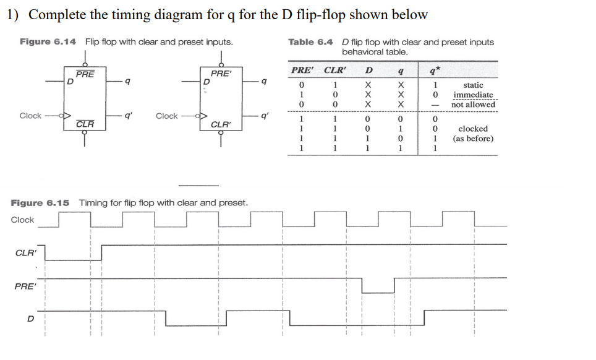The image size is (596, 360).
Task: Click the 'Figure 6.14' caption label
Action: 48,42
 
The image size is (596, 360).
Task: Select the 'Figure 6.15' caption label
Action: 40,203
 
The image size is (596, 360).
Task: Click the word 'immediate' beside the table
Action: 473,95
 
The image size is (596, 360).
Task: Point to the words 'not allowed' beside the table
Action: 473,105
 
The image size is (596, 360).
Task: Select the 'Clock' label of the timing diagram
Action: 23,220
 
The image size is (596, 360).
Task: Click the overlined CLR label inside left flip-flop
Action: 85,124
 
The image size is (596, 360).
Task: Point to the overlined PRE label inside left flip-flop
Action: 86,74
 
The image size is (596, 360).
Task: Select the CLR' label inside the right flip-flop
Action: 221,124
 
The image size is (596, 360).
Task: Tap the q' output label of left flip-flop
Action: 127,115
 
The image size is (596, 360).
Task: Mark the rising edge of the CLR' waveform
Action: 101,252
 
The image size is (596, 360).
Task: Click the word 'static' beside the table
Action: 473,85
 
